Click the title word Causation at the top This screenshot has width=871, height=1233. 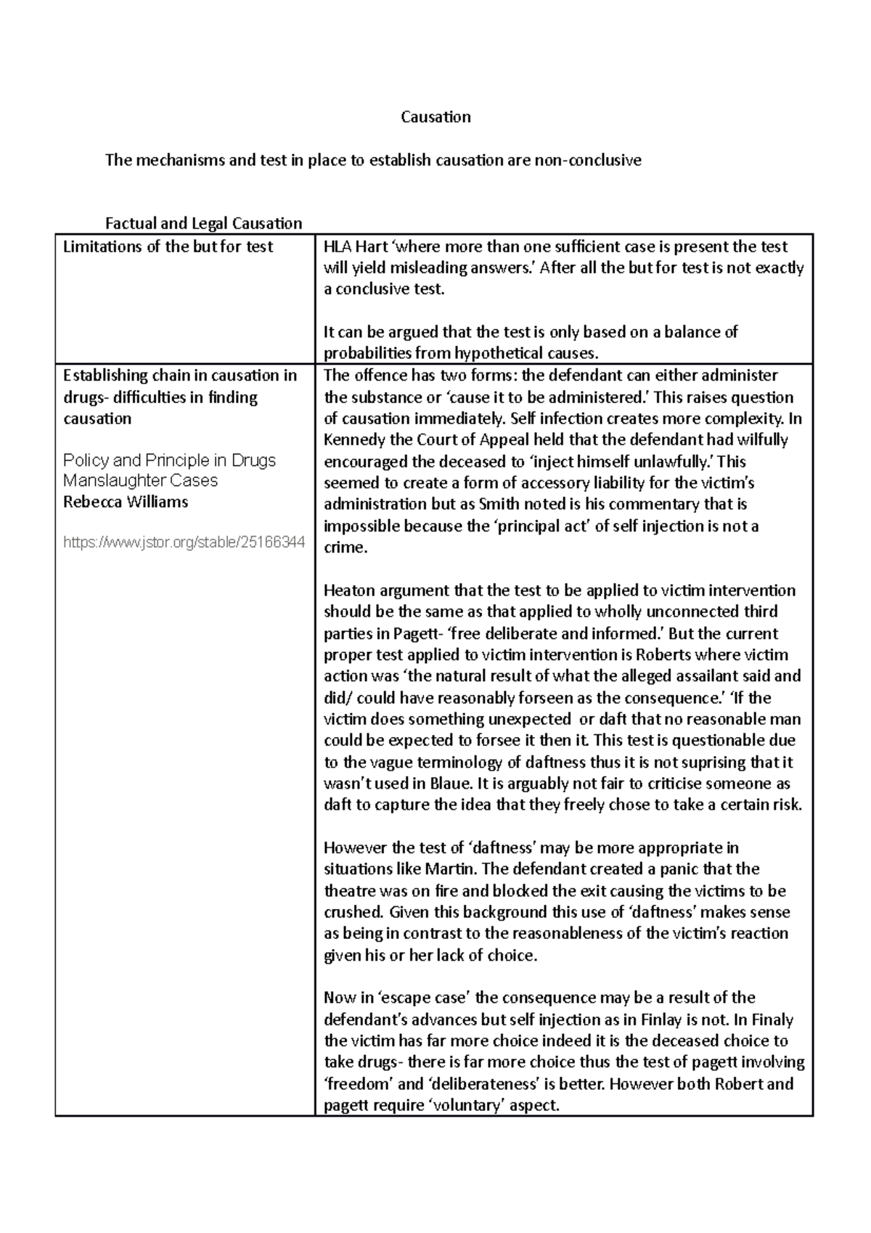click(x=435, y=117)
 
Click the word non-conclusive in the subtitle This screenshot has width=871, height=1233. click(x=588, y=160)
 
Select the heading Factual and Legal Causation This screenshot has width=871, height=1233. click(x=203, y=224)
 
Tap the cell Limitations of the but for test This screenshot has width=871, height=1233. click(x=168, y=247)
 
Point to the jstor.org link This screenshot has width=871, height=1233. click(x=184, y=542)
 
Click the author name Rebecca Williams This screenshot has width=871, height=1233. click(x=126, y=502)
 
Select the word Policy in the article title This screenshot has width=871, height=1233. click(x=86, y=460)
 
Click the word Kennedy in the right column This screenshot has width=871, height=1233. click(x=353, y=440)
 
